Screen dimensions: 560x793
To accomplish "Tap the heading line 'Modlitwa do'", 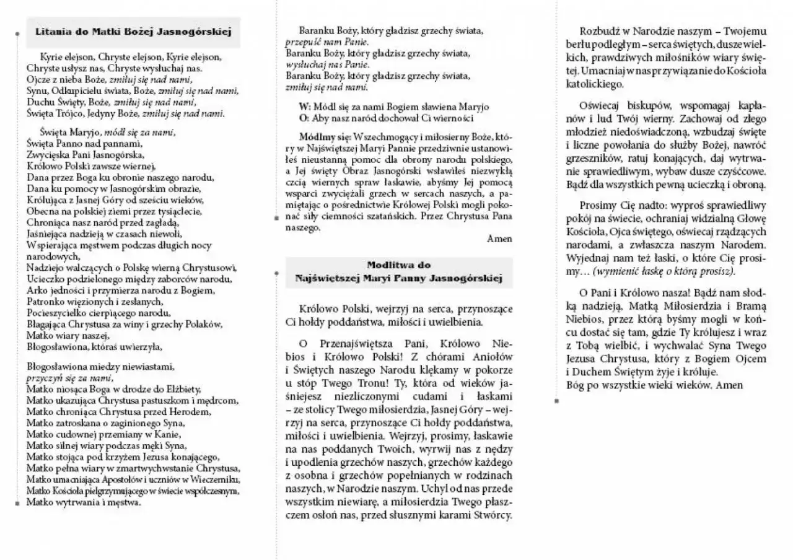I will point(399,265).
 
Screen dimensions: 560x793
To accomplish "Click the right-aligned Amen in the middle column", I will point(499,238).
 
